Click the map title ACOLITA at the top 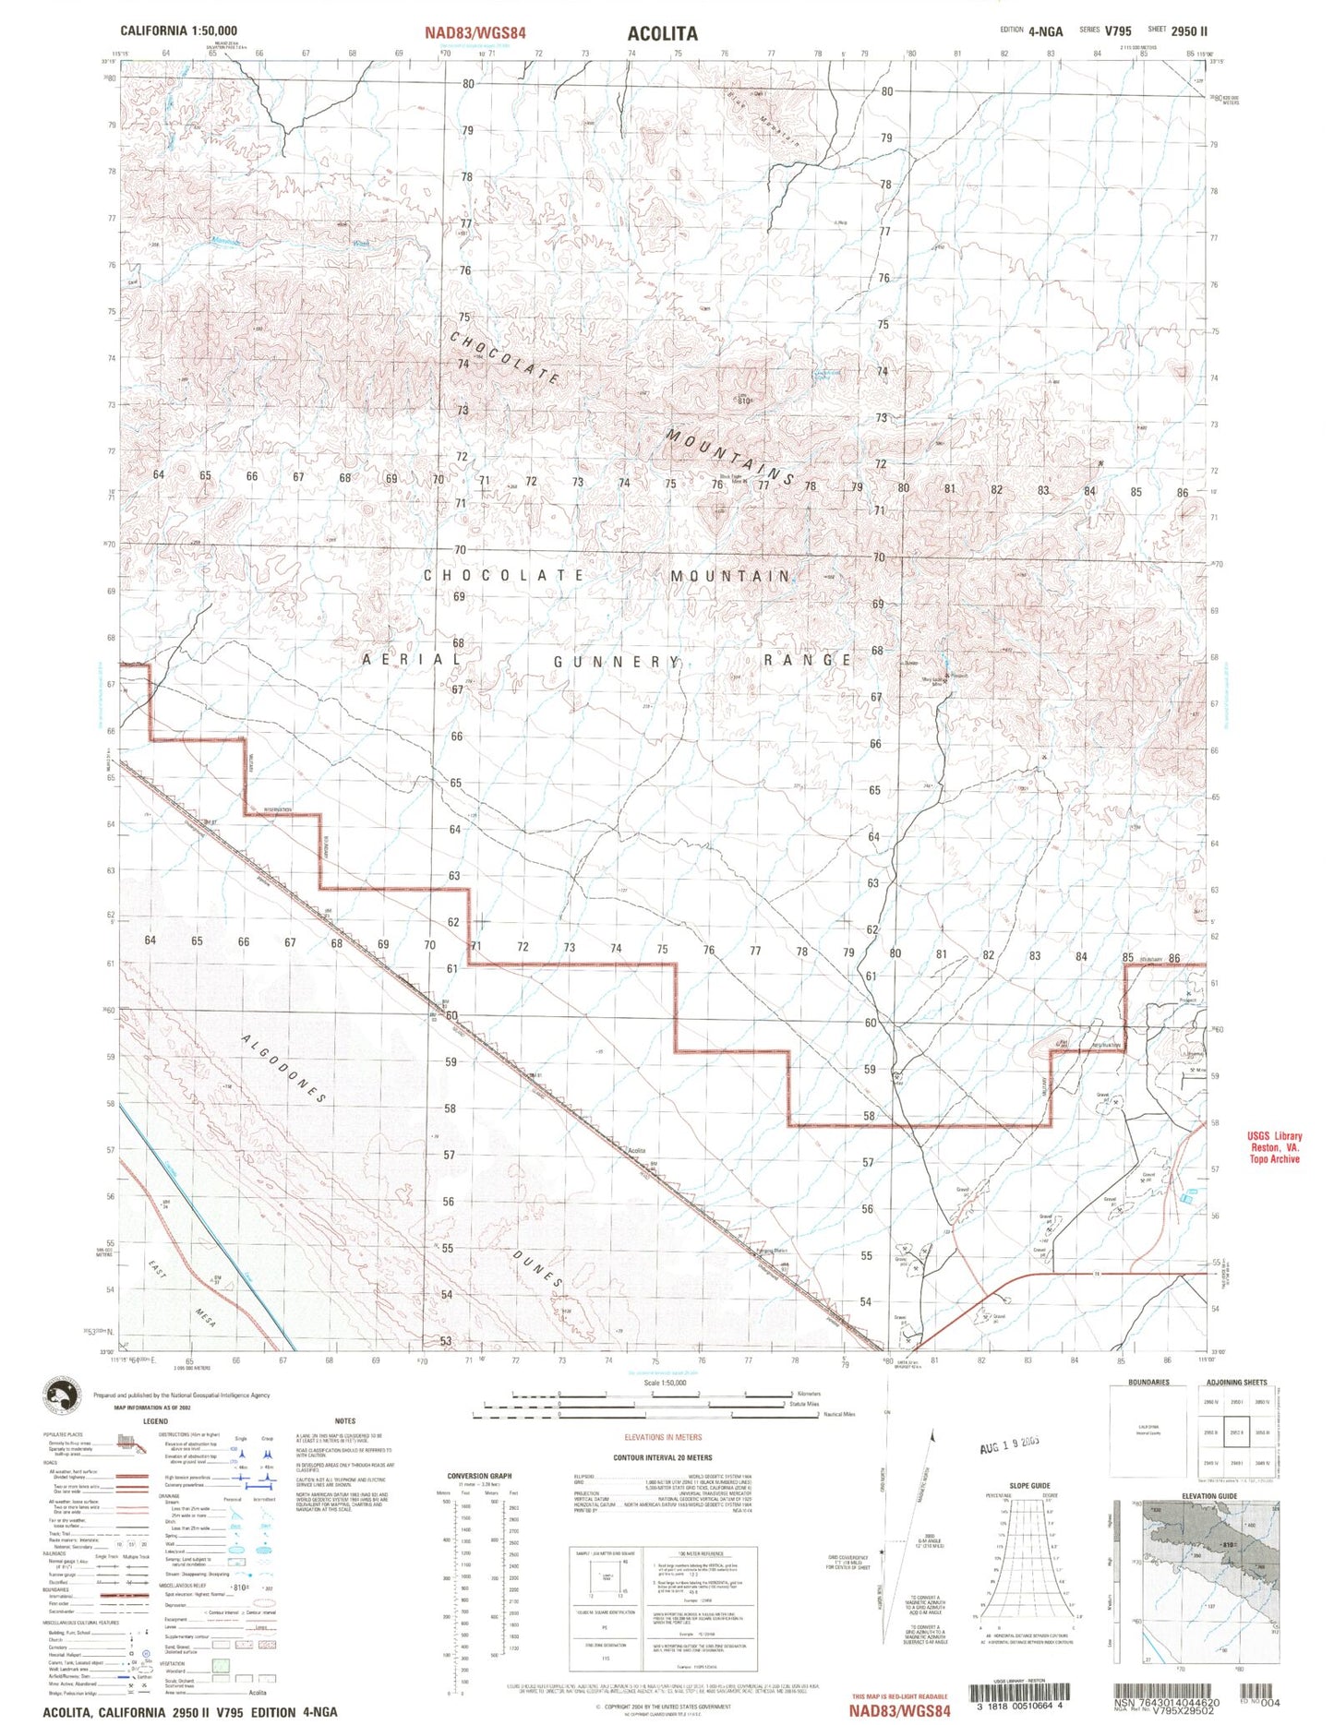tap(662, 33)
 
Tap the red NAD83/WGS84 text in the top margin tap(475, 33)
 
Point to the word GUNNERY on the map tap(617, 662)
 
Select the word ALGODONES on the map tap(284, 1068)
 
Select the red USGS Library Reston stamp tap(1274, 1147)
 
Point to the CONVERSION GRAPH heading tap(479, 1476)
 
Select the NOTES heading tap(345, 1421)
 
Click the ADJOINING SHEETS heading tap(1236, 1383)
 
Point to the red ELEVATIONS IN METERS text tap(662, 1437)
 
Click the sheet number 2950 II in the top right tap(1188, 30)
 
